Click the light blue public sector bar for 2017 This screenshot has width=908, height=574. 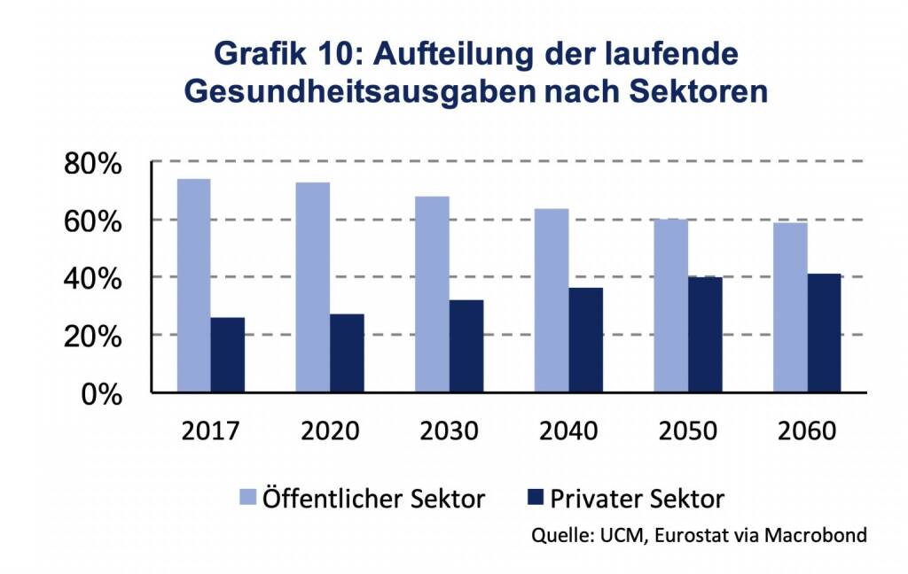coord(194,285)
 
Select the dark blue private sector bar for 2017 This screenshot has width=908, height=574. coord(228,354)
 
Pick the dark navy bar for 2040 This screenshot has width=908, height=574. coord(585,339)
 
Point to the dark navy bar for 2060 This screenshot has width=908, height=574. coord(824,333)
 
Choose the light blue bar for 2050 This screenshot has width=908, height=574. coord(670,306)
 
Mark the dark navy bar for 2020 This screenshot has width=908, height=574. coord(347,353)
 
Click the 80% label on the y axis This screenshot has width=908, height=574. coord(92,164)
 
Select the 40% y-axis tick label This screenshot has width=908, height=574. coord(92,278)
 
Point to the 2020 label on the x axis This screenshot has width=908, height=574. coord(330,431)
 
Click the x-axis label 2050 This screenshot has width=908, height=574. coord(687,431)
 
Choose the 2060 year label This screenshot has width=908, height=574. coord(806,431)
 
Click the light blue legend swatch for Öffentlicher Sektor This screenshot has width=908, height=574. coord(248,499)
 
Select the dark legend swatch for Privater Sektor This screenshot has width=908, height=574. coord(535,499)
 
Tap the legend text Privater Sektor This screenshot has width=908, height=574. coord(637,499)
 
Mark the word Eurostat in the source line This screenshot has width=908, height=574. coord(679,535)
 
